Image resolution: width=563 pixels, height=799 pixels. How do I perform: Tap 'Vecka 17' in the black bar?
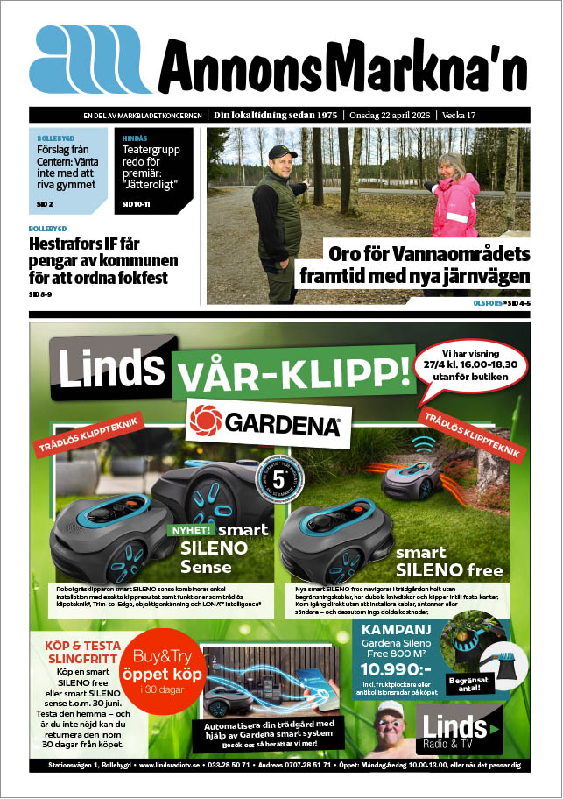(x=508, y=115)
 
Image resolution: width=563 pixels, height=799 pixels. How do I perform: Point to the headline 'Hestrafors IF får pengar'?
(x=102, y=261)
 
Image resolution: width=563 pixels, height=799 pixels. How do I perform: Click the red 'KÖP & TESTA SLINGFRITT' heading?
(x=75, y=653)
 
